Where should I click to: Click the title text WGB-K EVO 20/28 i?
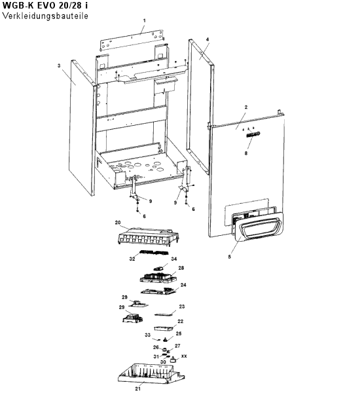(45, 5)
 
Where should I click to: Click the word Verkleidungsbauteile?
(45, 16)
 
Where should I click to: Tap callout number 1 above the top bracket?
(144, 20)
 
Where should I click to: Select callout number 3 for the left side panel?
(59, 65)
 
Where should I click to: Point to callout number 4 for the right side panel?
(207, 39)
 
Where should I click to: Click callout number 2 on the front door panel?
(246, 107)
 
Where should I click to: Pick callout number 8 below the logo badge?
(246, 153)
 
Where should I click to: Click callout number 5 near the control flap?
(230, 257)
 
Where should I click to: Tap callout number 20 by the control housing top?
(118, 223)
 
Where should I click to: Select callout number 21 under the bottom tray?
(138, 388)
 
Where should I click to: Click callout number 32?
(132, 259)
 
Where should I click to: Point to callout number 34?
(174, 259)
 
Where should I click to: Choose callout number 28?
(181, 268)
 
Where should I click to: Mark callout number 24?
(183, 285)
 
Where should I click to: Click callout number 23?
(182, 307)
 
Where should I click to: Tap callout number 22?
(181, 322)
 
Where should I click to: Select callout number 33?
(148, 335)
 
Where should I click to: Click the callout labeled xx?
(184, 356)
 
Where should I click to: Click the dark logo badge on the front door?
(253, 134)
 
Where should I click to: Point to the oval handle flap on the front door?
(258, 227)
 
